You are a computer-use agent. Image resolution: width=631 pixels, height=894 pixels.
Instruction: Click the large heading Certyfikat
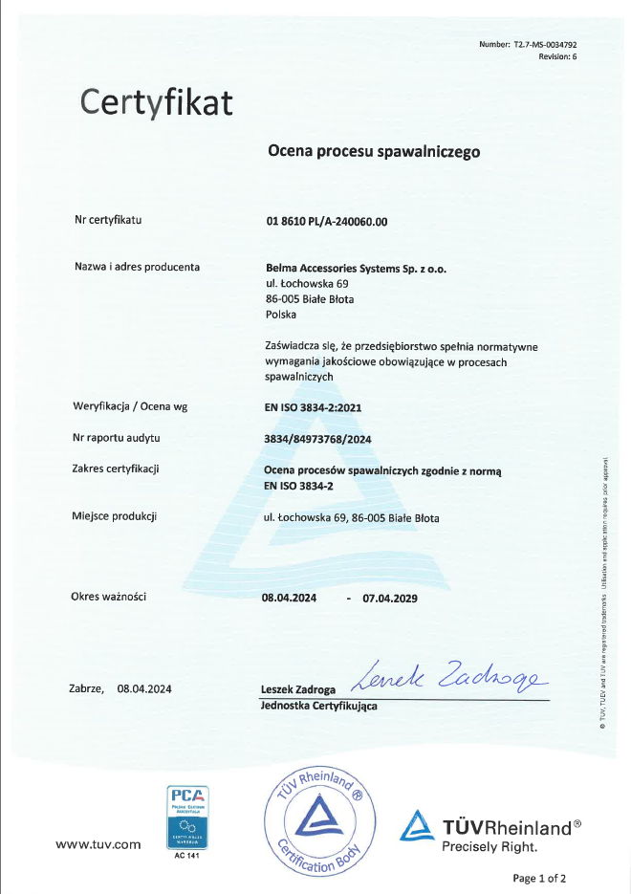coord(156,101)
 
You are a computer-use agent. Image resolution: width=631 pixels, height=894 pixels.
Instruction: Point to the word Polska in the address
coord(281,314)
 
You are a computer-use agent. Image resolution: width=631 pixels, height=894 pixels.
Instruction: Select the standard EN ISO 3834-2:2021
coord(313,406)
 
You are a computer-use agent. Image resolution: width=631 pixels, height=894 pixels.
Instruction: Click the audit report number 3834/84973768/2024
coord(317,438)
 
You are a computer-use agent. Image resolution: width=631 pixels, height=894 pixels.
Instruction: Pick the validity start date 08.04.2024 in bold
coord(290,599)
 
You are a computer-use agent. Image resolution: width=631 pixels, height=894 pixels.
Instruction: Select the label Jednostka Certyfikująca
coord(318,706)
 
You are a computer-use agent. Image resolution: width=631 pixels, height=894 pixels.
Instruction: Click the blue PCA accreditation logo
coord(186,815)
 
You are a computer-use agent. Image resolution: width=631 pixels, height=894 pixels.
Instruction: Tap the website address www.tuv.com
coord(98,844)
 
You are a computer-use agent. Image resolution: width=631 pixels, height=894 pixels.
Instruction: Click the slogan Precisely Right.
coord(489,846)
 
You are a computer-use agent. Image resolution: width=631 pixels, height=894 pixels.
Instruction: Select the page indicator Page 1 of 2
coord(539,878)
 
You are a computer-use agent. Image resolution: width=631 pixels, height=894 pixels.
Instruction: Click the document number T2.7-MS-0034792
coord(545,45)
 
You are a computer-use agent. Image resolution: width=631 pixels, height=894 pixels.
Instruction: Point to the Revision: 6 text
coord(557,57)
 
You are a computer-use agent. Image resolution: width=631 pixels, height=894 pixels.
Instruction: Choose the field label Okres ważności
coord(108,597)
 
